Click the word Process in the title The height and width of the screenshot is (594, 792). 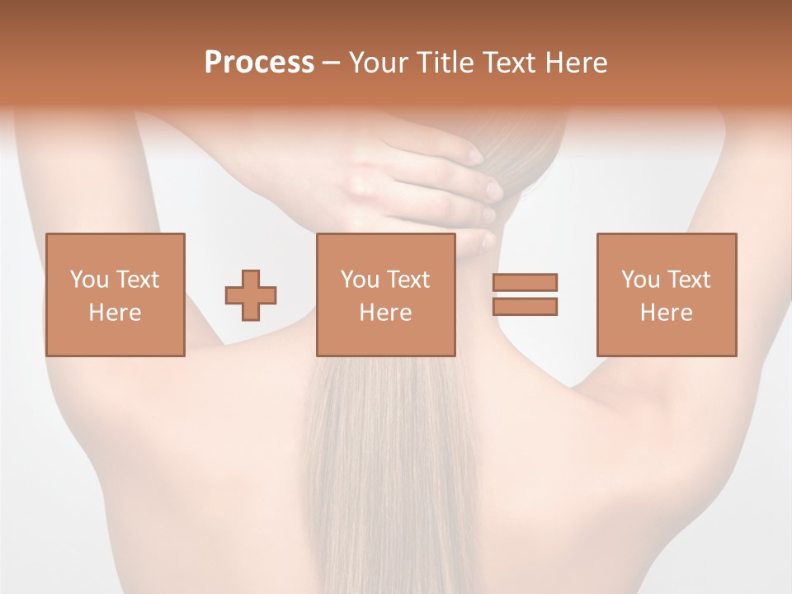point(259,63)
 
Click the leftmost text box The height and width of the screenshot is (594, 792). point(115,295)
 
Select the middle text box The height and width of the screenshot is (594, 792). point(385,295)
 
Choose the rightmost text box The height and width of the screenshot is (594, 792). point(666,295)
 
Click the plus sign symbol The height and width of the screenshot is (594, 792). point(251,295)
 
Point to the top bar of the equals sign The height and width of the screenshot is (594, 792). point(525,282)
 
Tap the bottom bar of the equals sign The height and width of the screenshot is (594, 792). point(525,307)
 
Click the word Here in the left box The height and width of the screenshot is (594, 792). point(115,313)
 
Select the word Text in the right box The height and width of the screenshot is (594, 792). point(689,280)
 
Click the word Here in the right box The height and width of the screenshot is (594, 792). point(666,313)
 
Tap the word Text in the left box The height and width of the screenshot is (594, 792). point(137,280)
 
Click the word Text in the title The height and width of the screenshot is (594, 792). point(510,63)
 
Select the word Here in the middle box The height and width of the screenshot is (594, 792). point(385,313)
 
